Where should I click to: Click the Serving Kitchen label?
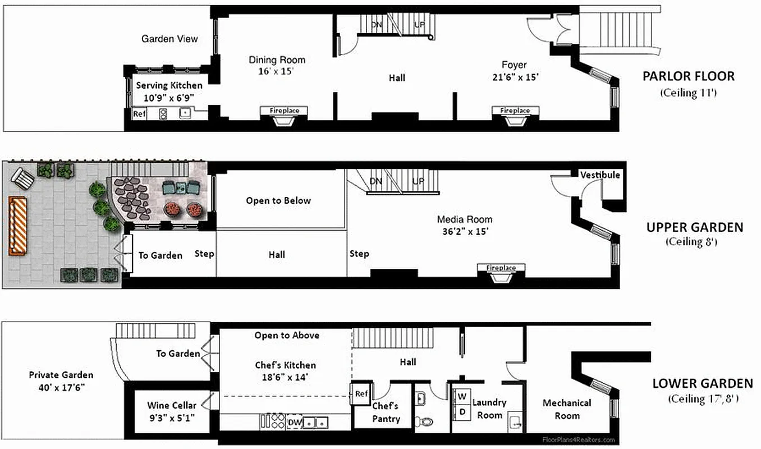coord(169,85)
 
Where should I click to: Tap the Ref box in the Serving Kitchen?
coord(139,114)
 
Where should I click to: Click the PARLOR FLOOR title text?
coord(688,76)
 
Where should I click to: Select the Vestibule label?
coord(600,175)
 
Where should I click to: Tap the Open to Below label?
coord(278,200)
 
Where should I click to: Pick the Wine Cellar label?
coord(172,405)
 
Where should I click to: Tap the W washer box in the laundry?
coord(462,396)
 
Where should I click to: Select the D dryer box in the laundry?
coord(462,412)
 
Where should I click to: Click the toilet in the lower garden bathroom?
coord(427,421)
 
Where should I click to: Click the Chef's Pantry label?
coord(385,412)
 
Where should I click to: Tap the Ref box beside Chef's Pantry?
coord(361,394)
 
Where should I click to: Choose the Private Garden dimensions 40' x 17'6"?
coord(61,387)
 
